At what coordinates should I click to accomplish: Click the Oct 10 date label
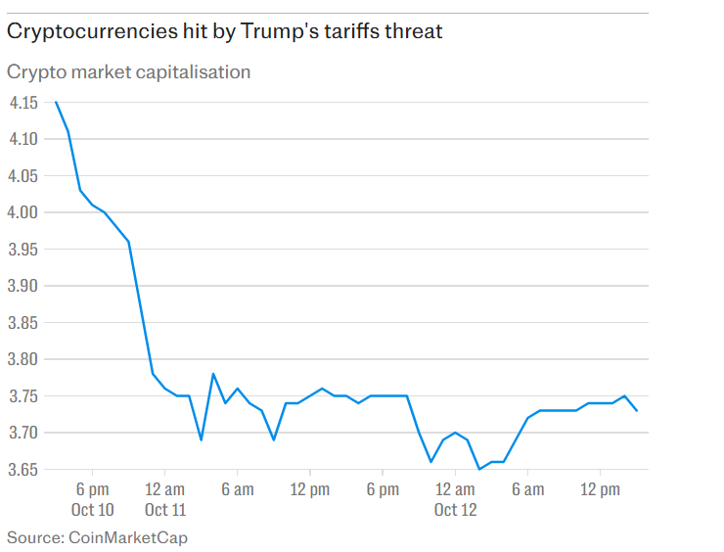92,510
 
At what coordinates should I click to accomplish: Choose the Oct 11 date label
164,510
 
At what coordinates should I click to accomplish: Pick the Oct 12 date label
455,510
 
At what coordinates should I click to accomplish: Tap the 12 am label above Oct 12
455,489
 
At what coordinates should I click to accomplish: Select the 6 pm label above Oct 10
92,489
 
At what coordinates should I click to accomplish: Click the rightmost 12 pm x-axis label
601,489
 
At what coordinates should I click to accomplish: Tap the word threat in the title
414,31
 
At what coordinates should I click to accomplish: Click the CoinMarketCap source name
128,537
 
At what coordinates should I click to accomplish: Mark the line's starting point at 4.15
56,102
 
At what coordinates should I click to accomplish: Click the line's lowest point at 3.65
479,470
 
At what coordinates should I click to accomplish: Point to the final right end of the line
637,411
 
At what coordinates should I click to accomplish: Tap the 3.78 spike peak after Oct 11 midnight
213,374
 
